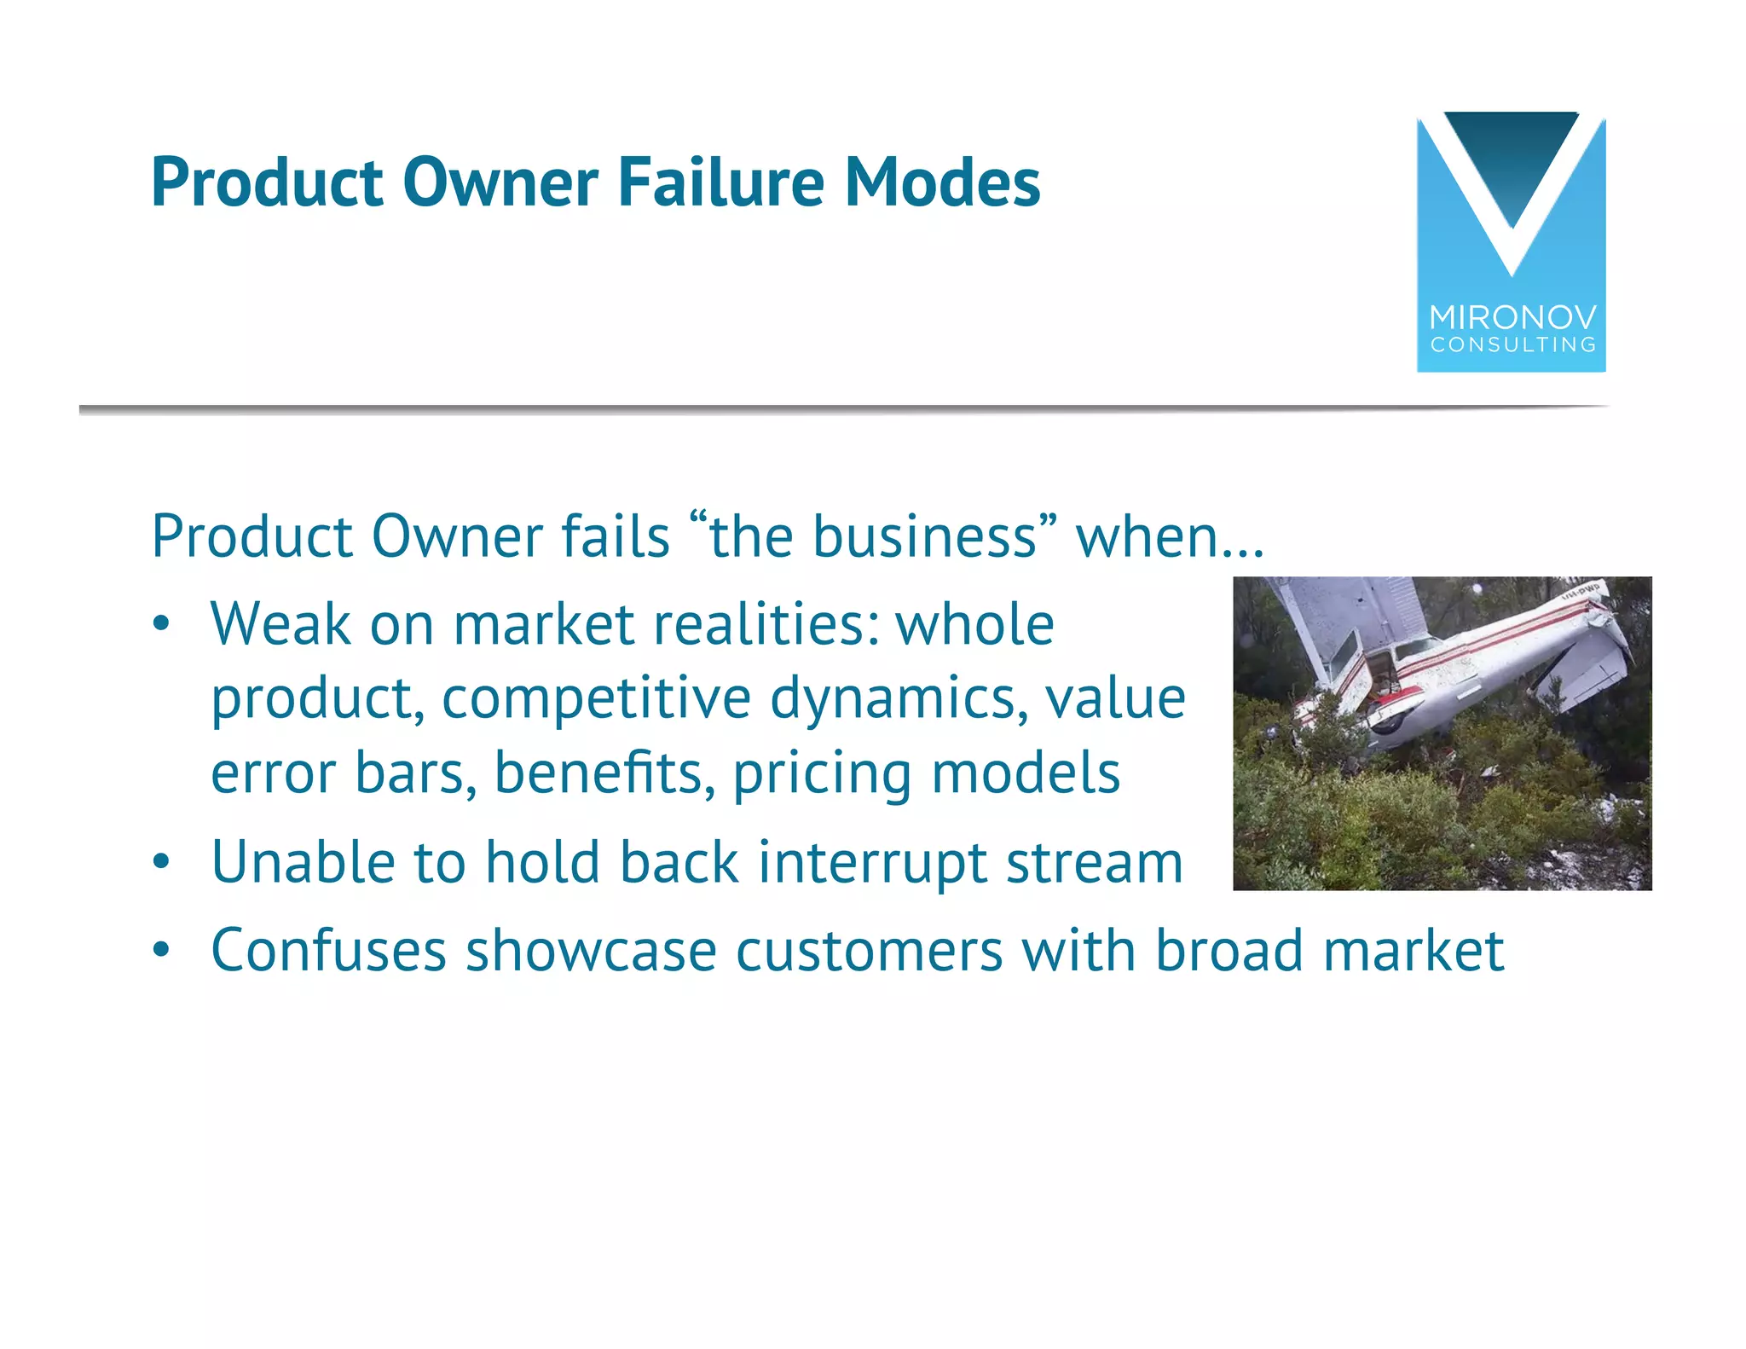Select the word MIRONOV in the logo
[x=1512, y=318]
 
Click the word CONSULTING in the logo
[x=1512, y=344]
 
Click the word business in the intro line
[x=924, y=536]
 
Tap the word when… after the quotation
[x=1170, y=536]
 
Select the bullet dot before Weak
[x=161, y=624]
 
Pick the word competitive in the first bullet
[x=596, y=698]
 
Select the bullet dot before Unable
[x=161, y=862]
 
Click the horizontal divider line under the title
[x=844, y=410]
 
